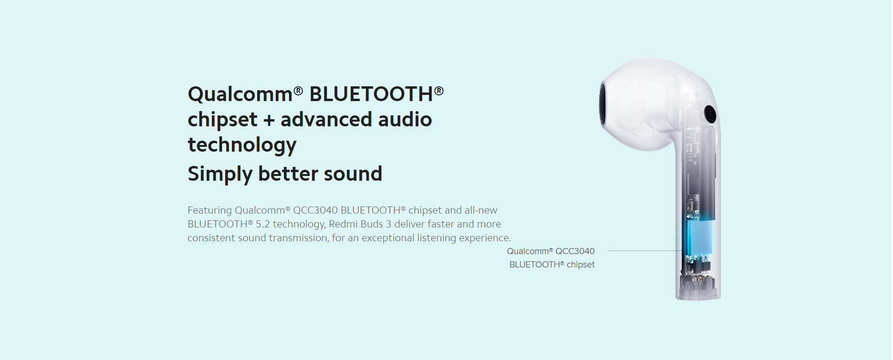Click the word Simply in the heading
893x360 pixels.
coord(219,174)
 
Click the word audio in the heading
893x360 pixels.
coord(405,119)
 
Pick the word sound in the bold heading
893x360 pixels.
coord(352,174)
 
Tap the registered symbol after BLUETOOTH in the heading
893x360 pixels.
coord(439,90)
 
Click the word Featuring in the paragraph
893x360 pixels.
coord(209,210)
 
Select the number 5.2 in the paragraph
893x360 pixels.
coord(263,224)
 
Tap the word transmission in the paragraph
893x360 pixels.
coord(300,238)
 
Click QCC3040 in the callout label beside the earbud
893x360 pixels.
coord(575,251)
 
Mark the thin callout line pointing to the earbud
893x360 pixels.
coord(644,250)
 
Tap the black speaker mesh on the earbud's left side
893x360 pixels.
coord(603,105)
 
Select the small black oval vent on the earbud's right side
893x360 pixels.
coord(710,114)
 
